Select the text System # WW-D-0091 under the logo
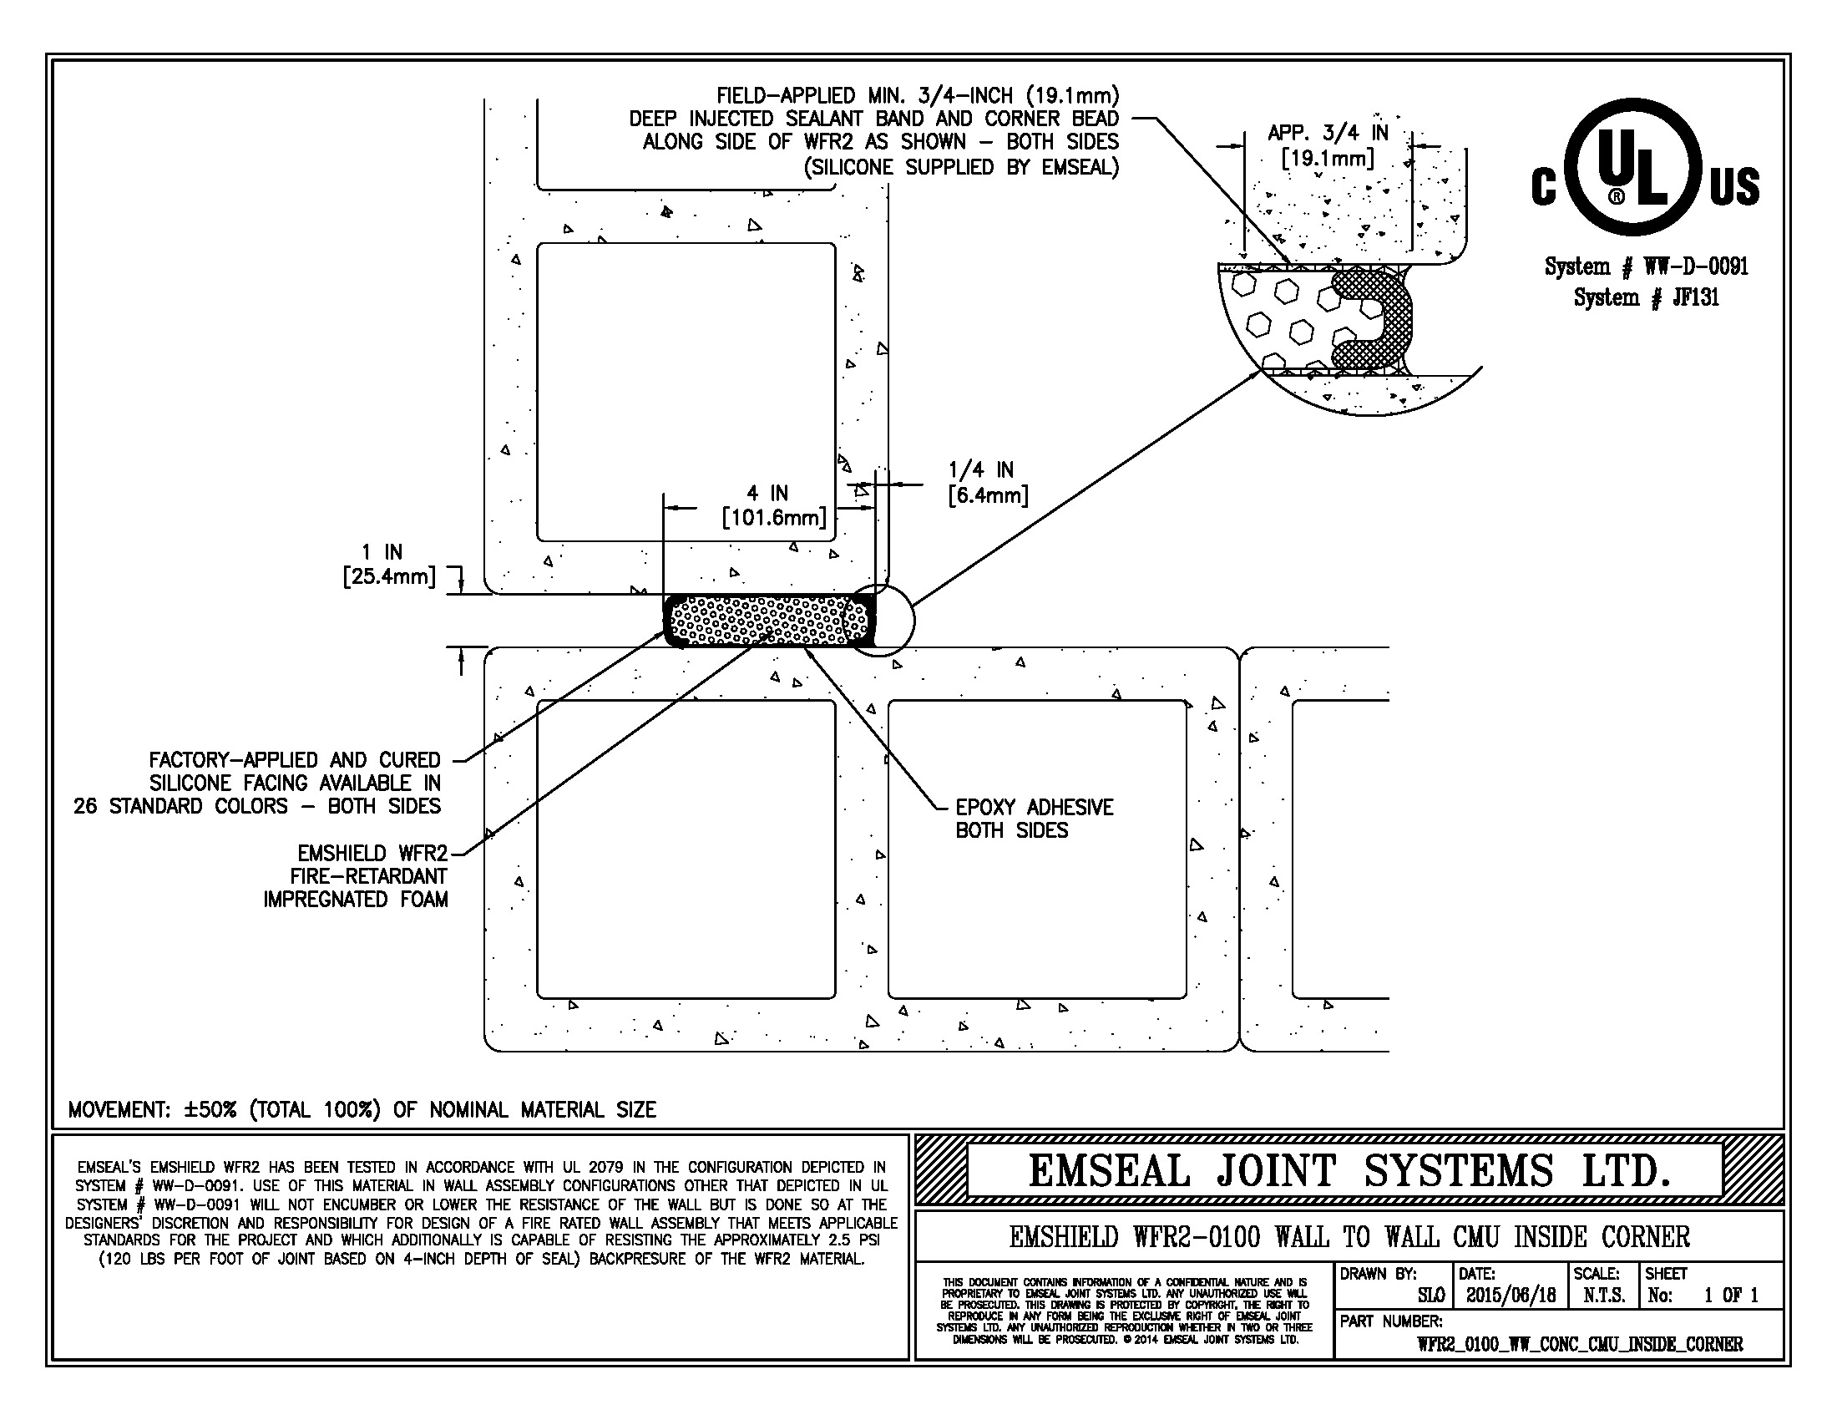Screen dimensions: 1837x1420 (1646, 266)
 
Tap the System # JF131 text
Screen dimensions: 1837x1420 (1646, 297)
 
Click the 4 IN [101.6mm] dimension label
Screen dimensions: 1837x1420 (774, 505)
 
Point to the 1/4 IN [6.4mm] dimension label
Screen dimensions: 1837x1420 (988, 482)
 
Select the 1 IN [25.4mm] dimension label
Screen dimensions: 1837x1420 (388, 565)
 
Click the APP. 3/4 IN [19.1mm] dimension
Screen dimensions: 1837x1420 (1328, 145)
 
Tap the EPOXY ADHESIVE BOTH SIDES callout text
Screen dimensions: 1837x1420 (1034, 819)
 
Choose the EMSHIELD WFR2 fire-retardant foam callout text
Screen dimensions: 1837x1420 (356, 875)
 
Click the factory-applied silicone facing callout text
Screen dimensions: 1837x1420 (257, 784)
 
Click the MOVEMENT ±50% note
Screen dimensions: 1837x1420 (362, 1109)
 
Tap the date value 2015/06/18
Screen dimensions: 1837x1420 (1511, 1295)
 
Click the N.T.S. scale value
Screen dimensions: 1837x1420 (1604, 1295)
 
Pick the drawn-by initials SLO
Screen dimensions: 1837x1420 (1430, 1295)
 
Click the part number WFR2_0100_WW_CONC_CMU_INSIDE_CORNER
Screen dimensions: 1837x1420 (1580, 1344)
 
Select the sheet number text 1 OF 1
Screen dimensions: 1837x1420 (1731, 1295)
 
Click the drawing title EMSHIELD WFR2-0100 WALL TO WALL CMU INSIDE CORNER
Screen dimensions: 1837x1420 (1349, 1236)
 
